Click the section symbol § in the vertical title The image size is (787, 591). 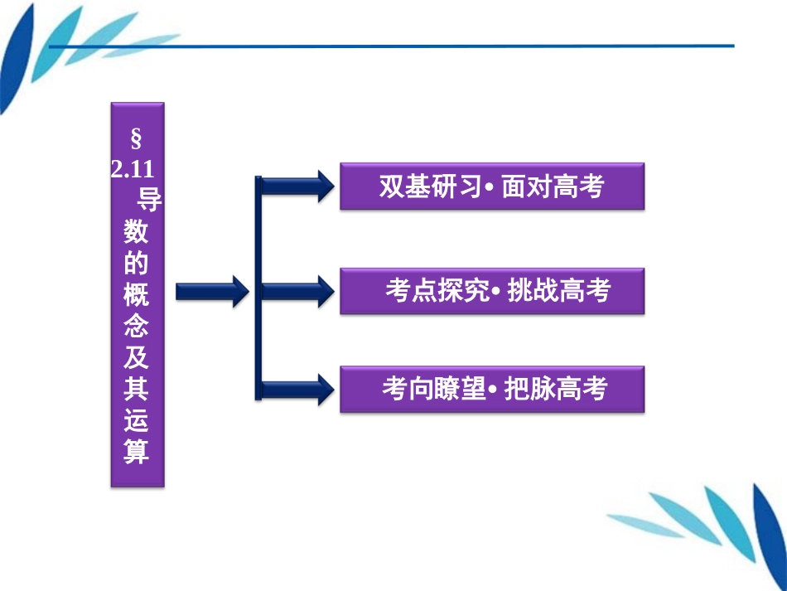pos(137,138)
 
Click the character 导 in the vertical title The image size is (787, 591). pos(147,201)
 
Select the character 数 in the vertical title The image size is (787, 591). pos(137,233)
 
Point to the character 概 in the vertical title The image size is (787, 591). pos(137,294)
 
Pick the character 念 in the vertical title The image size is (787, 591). pos(137,326)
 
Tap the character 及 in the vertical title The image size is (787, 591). pos(137,357)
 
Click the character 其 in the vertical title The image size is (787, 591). pos(137,389)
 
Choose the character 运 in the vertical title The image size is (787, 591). pos(137,420)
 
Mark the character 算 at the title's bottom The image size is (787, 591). pos(137,452)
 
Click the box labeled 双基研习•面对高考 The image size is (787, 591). pos(491,187)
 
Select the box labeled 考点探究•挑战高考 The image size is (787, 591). pos(491,291)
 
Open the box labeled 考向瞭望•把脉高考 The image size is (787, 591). pos(491,389)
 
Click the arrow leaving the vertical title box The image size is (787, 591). pos(211,291)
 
